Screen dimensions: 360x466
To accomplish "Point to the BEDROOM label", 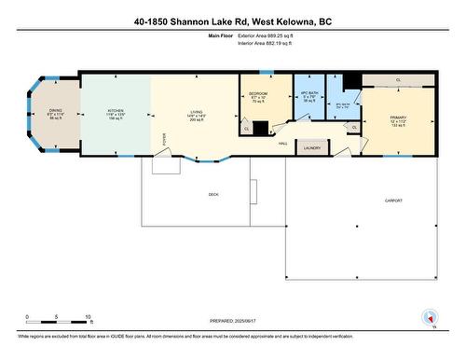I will click(x=258, y=94).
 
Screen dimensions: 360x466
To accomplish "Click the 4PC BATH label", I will click(x=308, y=94).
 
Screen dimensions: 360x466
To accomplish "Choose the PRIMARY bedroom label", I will click(x=399, y=118).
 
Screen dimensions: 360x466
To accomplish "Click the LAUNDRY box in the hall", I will click(x=311, y=147).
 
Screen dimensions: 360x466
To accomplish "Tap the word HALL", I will click(x=281, y=144).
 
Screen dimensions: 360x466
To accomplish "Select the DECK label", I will click(x=212, y=194).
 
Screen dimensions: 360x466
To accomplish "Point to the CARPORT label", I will click(x=394, y=201).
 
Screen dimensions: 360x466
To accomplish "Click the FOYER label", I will click(x=164, y=136).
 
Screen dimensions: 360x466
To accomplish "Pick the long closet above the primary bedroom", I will click(x=398, y=80).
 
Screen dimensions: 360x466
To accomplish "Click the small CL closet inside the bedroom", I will click(x=246, y=129).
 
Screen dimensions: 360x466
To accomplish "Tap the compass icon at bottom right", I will click(x=430, y=317).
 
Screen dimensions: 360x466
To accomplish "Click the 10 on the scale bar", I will click(x=88, y=318).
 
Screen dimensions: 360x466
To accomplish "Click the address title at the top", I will click(x=233, y=21).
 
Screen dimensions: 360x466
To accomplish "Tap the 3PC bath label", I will click(x=343, y=104).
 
